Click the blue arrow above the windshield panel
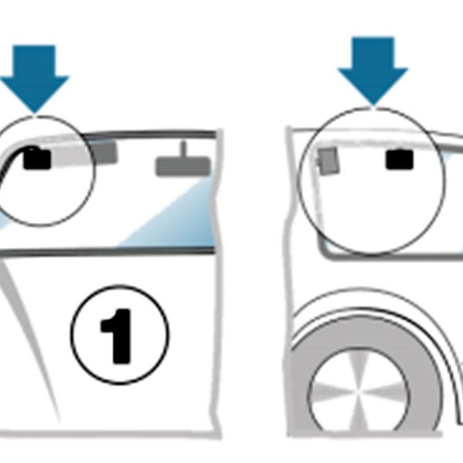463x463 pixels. [x=35, y=79]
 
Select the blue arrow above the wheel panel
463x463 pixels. [x=373, y=71]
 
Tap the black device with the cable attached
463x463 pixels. [x=37, y=159]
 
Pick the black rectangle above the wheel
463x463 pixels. [x=399, y=160]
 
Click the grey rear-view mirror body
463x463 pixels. [x=183, y=167]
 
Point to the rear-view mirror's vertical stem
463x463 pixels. [x=183, y=149]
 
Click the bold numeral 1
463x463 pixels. [x=116, y=336]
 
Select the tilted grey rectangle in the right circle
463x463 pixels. [x=328, y=161]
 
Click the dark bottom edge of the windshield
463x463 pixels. [x=107, y=252]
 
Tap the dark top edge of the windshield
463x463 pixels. [x=149, y=134]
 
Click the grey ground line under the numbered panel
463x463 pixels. [x=109, y=434]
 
